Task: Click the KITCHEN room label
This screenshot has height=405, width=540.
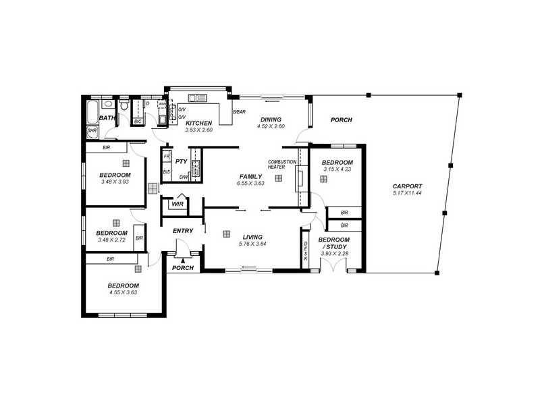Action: coord(198,123)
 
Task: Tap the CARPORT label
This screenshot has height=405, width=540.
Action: coord(407,186)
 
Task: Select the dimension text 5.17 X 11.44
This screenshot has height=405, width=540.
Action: coord(407,194)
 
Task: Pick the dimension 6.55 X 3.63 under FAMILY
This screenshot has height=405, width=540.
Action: coord(250,184)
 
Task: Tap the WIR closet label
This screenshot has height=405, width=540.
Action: coord(178,203)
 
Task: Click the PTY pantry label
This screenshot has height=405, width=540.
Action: coord(181,162)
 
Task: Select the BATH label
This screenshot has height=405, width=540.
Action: coord(107,119)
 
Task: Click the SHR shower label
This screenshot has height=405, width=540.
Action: coord(92,131)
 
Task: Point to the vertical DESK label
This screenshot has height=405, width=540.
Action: coord(306,252)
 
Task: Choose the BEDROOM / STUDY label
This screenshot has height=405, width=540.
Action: coord(333,243)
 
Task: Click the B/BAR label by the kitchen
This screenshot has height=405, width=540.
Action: coord(238,112)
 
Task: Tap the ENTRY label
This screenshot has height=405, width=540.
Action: coord(183,231)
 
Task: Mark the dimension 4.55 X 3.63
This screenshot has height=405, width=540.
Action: coord(123,293)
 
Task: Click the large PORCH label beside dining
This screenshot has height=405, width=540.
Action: coord(341,120)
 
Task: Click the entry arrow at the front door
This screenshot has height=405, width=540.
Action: coord(182,260)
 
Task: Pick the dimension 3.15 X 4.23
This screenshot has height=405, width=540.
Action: coord(336,170)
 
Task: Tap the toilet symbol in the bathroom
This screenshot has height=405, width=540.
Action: coord(125,107)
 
